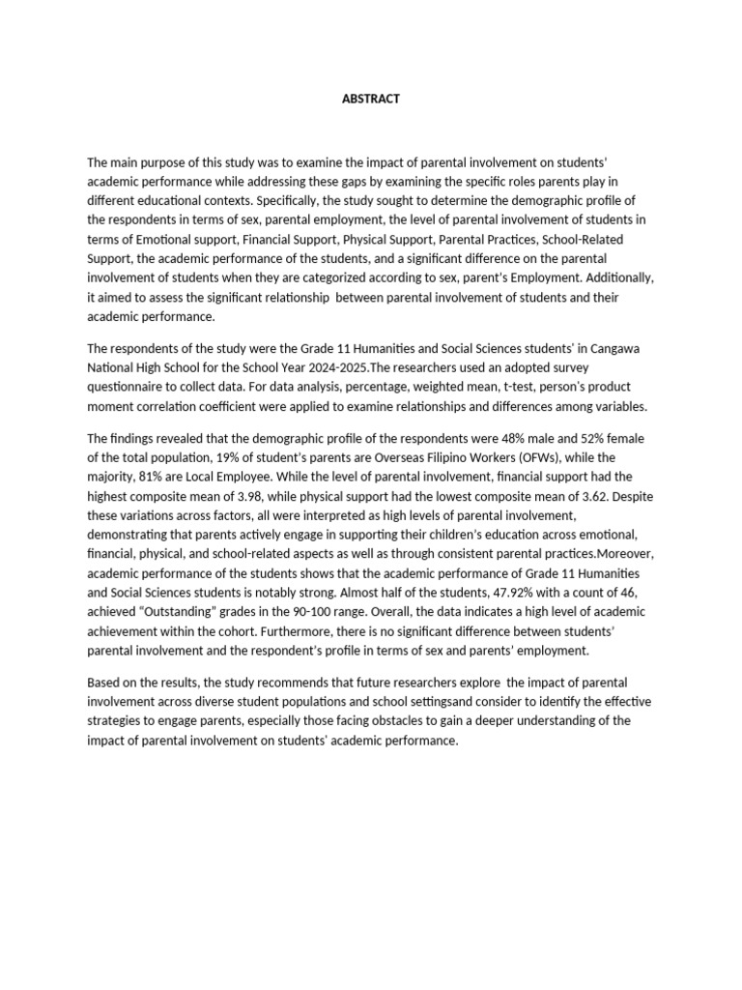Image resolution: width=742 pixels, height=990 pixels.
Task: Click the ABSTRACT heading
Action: click(x=371, y=99)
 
